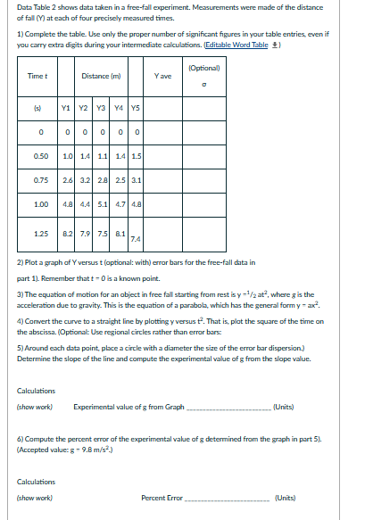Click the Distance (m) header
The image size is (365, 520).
[101, 76]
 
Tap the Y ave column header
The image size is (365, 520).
[162, 76]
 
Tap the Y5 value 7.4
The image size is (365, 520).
[135, 239]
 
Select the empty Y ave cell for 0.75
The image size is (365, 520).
[162, 179]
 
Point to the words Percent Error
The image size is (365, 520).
[162, 497]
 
